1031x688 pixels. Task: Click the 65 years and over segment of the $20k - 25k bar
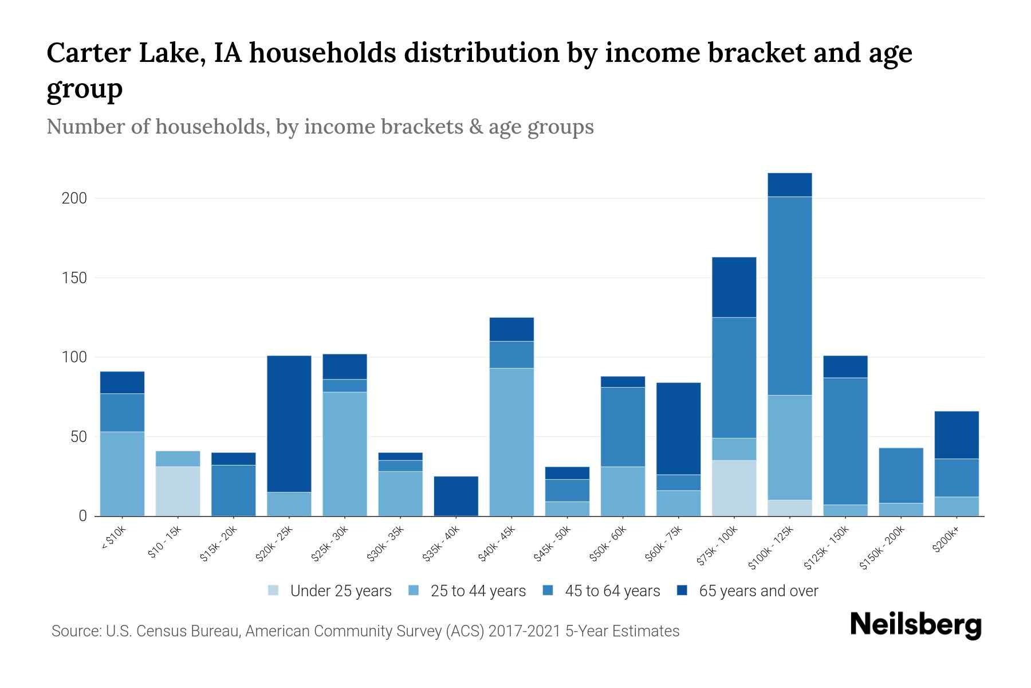tap(289, 423)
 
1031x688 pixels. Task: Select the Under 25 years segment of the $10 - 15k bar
tap(178, 491)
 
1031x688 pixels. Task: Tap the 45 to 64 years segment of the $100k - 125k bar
tap(790, 295)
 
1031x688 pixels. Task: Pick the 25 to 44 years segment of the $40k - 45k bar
tap(511, 441)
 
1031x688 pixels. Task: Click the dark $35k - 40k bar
tap(456, 495)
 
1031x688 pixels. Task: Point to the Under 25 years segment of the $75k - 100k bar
tap(734, 487)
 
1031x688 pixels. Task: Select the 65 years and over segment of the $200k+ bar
tap(957, 435)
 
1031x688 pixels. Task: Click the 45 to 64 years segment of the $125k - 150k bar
tap(845, 440)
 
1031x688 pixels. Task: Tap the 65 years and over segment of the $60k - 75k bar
tap(678, 428)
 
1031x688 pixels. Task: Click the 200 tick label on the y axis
tap(74, 198)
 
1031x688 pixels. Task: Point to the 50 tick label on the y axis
tap(78, 437)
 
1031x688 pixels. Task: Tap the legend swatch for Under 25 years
tap(274, 591)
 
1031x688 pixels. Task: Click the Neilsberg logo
tap(915, 625)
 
